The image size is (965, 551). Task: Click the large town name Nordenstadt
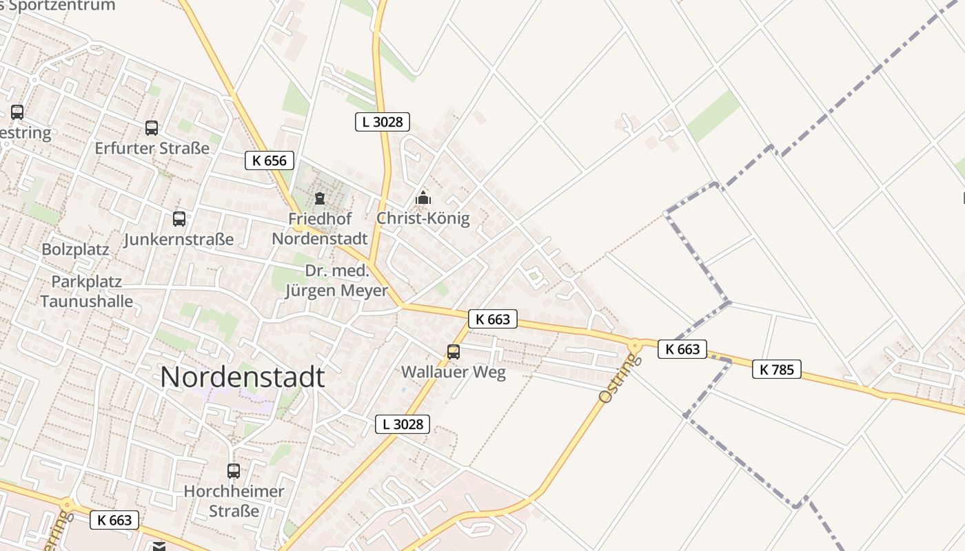(242, 377)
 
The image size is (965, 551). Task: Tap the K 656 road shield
(270, 161)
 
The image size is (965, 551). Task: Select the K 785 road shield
(777, 369)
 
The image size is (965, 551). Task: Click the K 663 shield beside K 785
(682, 349)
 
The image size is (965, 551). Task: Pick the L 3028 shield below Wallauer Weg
(403, 424)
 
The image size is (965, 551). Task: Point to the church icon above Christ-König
(423, 198)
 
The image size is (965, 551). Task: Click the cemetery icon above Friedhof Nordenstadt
(320, 199)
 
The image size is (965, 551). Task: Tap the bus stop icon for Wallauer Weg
(454, 352)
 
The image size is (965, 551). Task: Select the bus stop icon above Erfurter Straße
(152, 128)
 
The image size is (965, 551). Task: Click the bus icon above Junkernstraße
(179, 219)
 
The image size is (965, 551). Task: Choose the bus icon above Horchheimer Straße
(234, 471)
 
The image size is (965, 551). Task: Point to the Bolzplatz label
(76, 249)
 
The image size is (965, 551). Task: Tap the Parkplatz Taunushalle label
(87, 291)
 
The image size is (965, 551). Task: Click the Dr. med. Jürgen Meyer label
(337, 281)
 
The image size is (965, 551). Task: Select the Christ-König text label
(423, 219)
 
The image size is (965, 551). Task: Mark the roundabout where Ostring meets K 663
(634, 343)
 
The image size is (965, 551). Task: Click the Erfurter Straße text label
(152, 148)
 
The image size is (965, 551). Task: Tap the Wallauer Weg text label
(454, 373)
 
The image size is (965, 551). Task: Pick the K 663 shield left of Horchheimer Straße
(114, 520)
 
